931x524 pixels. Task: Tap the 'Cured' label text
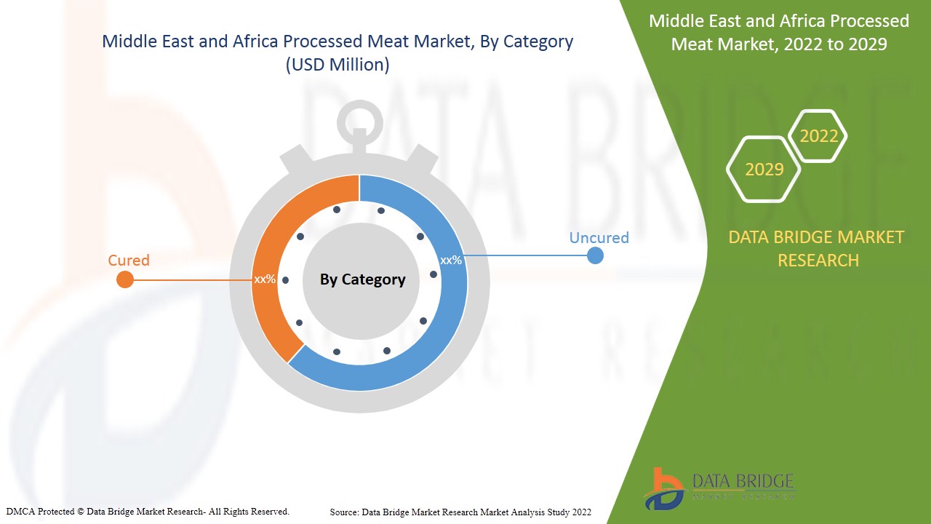[x=129, y=260]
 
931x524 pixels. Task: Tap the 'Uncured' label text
[x=599, y=237]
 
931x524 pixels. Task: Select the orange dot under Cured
[x=125, y=279]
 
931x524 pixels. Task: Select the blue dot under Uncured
[x=595, y=255]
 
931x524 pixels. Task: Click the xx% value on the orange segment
[x=265, y=279]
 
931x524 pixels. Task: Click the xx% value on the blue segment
[x=451, y=260]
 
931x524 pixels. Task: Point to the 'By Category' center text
[x=362, y=279]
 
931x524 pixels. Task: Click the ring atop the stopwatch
[x=359, y=117]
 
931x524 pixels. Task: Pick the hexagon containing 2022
[x=819, y=136]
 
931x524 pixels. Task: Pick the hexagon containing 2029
[x=764, y=170]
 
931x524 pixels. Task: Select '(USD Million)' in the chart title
[x=337, y=65]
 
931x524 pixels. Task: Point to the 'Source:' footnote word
[x=344, y=512]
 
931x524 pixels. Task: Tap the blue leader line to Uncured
[x=524, y=255]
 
